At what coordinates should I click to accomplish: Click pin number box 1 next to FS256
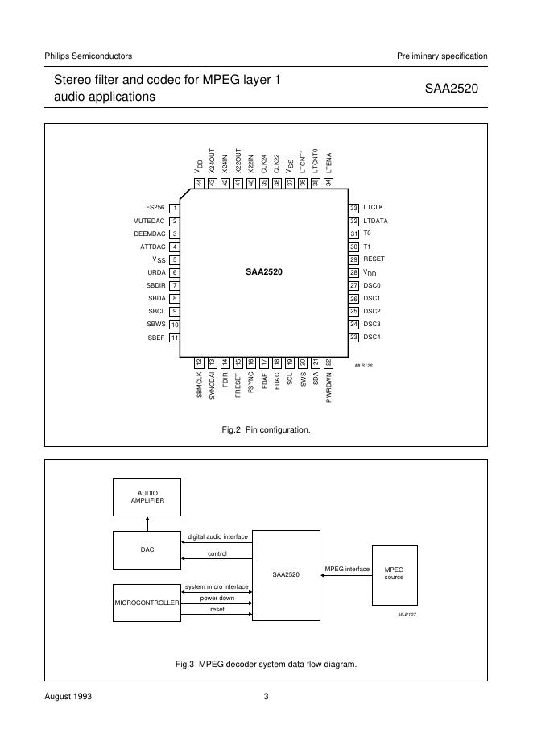175,208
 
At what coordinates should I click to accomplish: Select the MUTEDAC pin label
149,221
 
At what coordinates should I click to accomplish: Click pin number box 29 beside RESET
353,259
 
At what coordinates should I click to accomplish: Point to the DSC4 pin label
372,337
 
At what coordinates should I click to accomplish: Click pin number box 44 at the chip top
199,183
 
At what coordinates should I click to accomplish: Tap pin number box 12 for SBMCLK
199,362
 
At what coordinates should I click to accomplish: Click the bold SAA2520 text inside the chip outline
264,272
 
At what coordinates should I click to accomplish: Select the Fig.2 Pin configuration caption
266,430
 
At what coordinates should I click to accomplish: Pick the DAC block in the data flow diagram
147,549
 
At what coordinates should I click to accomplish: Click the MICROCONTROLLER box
147,602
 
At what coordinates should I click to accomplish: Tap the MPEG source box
395,574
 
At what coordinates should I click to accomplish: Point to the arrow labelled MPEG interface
346,576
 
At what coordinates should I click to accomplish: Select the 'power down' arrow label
217,599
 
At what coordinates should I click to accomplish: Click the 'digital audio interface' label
217,536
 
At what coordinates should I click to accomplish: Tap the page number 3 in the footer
266,696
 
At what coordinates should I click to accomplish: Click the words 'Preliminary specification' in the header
442,56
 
